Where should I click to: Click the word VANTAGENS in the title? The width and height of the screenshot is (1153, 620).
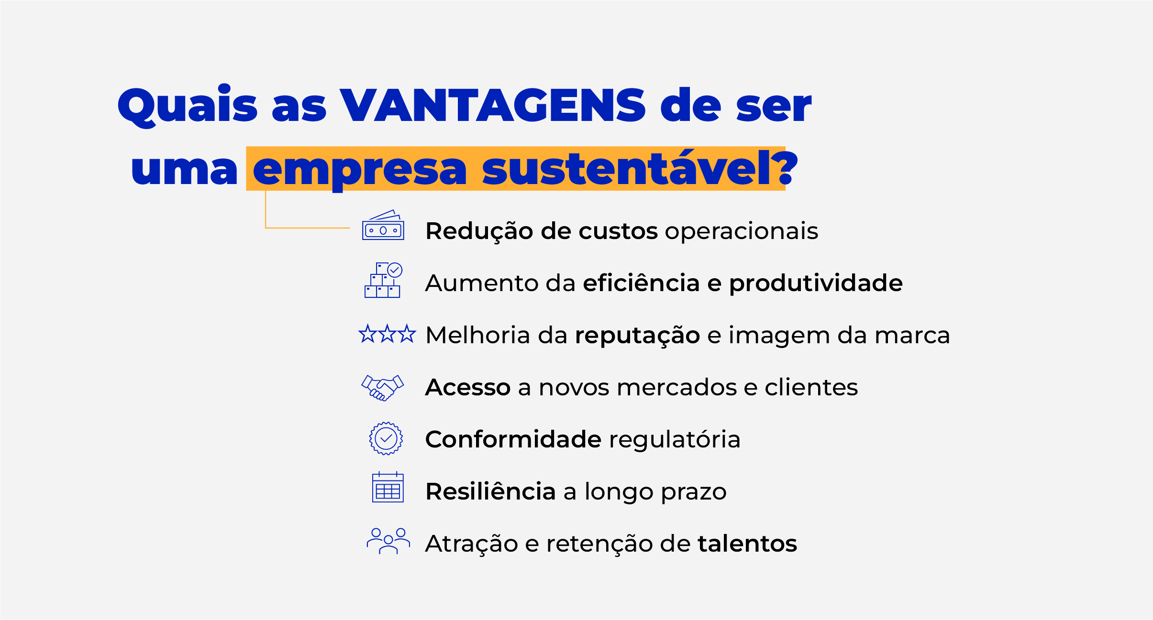tap(493, 105)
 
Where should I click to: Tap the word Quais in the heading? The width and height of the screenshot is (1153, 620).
tap(188, 106)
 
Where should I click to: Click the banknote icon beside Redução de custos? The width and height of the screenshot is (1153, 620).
tap(383, 225)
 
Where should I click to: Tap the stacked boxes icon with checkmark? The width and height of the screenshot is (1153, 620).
tap(383, 280)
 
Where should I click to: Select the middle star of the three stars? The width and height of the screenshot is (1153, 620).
tap(388, 334)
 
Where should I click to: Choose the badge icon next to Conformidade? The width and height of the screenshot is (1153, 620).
tap(386, 438)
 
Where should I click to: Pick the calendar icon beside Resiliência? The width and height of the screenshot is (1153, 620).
tap(388, 487)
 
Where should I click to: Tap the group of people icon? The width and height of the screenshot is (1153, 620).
tap(388, 541)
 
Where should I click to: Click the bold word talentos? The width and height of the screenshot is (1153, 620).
tap(747, 544)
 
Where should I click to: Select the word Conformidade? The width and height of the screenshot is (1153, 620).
tap(513, 439)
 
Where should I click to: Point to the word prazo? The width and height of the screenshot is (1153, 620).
tap(694, 493)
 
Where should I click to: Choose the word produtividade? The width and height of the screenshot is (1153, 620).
tap(816, 283)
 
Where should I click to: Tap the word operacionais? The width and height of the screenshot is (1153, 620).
tap(742, 231)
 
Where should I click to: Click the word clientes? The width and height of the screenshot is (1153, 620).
tap(811, 387)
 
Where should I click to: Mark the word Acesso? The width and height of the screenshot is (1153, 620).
tap(468, 387)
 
